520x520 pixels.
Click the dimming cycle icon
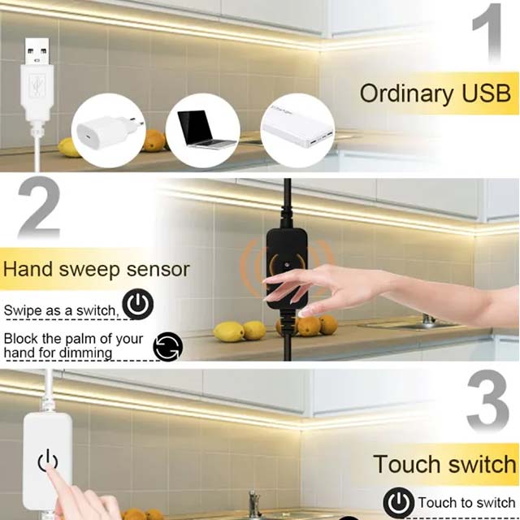(x=168, y=346)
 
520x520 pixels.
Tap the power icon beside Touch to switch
(x=398, y=503)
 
